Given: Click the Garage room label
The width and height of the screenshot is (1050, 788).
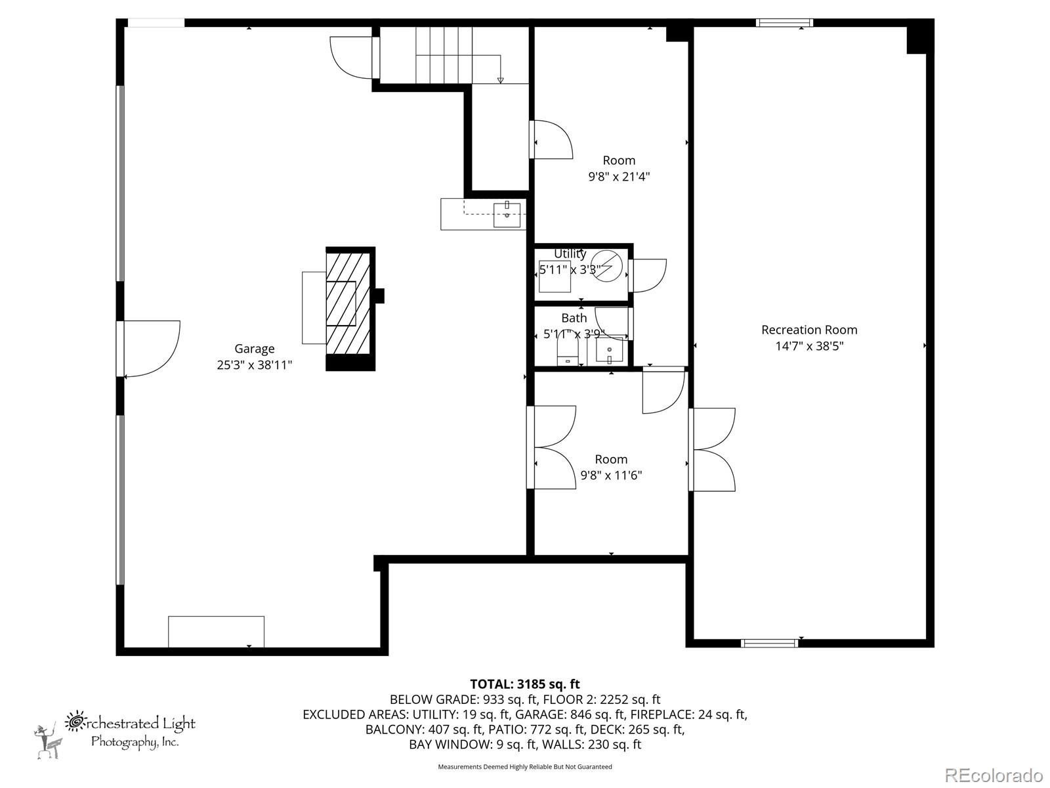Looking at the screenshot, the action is click(254, 348).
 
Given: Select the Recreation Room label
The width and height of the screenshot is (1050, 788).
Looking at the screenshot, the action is click(809, 330).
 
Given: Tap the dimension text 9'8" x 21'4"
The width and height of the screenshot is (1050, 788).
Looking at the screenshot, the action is click(619, 177).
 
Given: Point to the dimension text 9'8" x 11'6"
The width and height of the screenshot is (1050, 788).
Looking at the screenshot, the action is click(611, 475).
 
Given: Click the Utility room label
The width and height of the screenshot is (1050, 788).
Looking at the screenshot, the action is click(570, 253).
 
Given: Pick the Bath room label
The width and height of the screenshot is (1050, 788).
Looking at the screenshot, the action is click(574, 318).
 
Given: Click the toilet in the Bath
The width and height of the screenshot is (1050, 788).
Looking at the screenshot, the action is click(568, 350).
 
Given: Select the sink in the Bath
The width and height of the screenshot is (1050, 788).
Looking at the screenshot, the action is click(609, 351).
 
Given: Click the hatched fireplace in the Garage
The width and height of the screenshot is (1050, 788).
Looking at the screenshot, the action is click(350, 309).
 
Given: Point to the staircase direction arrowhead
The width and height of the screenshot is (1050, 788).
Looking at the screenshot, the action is click(500, 80).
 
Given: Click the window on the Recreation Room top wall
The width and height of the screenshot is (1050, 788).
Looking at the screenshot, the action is click(784, 22).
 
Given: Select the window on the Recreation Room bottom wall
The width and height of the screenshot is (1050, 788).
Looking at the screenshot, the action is click(770, 643).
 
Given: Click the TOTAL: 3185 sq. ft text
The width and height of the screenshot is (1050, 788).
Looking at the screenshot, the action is click(525, 684).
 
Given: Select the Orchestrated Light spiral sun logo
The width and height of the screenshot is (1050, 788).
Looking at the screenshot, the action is click(74, 722).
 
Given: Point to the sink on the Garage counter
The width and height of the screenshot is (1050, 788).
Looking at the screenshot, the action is click(507, 215).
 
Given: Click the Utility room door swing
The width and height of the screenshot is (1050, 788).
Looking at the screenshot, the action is click(647, 276).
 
